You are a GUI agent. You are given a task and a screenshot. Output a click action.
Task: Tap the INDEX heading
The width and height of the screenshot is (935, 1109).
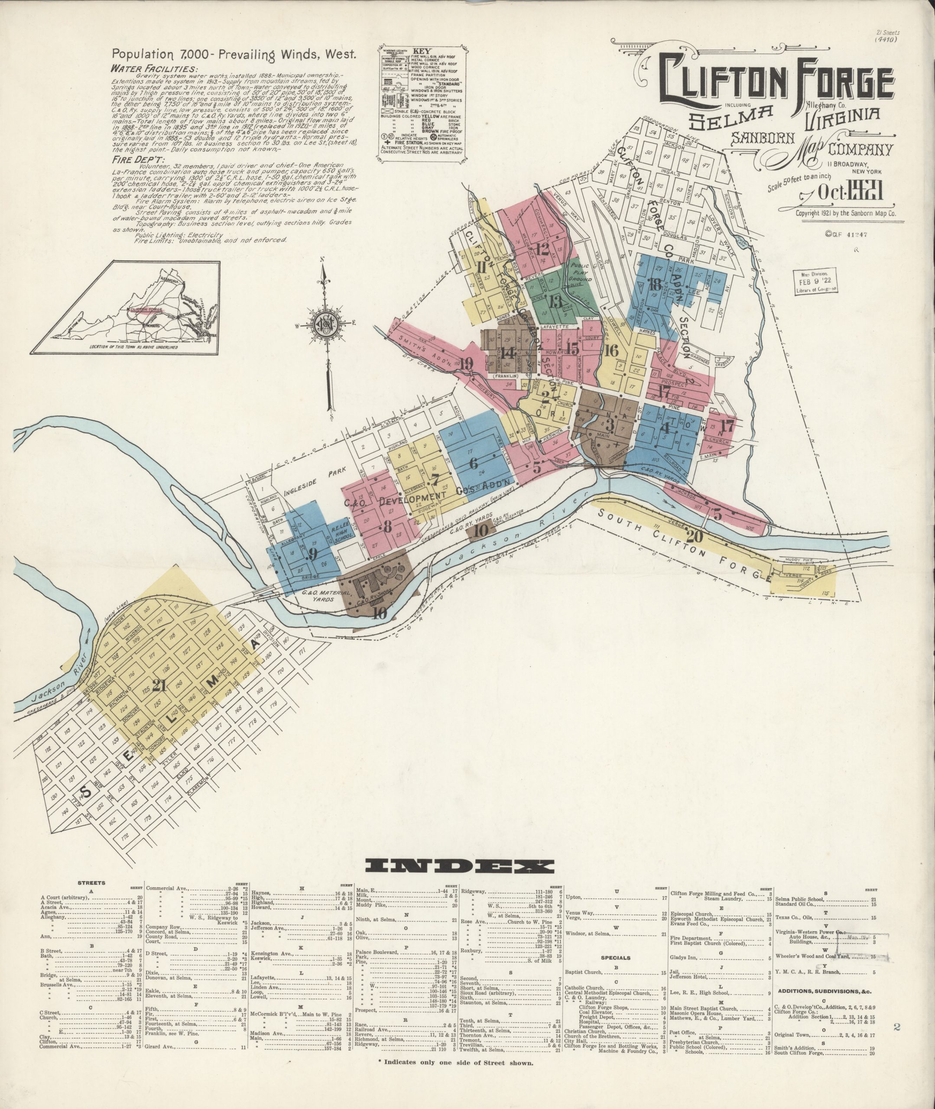coord(467,866)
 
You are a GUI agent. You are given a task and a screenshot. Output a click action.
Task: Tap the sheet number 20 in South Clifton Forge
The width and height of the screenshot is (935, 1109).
coord(696,536)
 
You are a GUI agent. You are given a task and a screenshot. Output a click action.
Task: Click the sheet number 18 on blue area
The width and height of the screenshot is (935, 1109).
coord(655,285)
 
